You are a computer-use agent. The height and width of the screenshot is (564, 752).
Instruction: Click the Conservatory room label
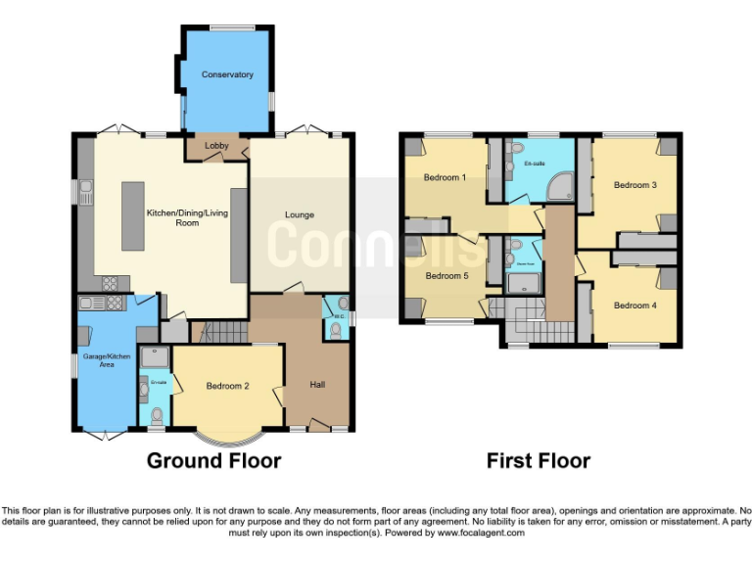coord(227,74)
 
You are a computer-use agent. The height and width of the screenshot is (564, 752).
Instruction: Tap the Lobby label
coord(216,147)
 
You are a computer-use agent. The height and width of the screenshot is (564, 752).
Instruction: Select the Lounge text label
coord(299,214)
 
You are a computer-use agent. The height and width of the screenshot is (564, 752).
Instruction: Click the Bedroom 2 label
coord(227,386)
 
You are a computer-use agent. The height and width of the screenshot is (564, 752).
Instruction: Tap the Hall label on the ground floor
coord(317,384)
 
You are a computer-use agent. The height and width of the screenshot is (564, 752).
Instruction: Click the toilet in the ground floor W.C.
coord(337,331)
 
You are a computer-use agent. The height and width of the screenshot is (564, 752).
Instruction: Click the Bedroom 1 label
coord(445,178)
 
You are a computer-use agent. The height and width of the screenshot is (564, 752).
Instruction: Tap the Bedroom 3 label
coord(634,184)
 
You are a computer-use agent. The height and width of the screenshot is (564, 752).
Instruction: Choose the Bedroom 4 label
coord(634,305)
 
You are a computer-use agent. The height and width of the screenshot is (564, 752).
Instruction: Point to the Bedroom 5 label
coord(446,276)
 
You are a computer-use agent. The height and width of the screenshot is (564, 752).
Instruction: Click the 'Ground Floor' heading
coord(213,460)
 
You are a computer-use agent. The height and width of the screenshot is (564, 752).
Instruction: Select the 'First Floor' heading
coord(539,460)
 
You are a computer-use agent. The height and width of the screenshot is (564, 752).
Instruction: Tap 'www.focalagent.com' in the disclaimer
coord(481,534)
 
